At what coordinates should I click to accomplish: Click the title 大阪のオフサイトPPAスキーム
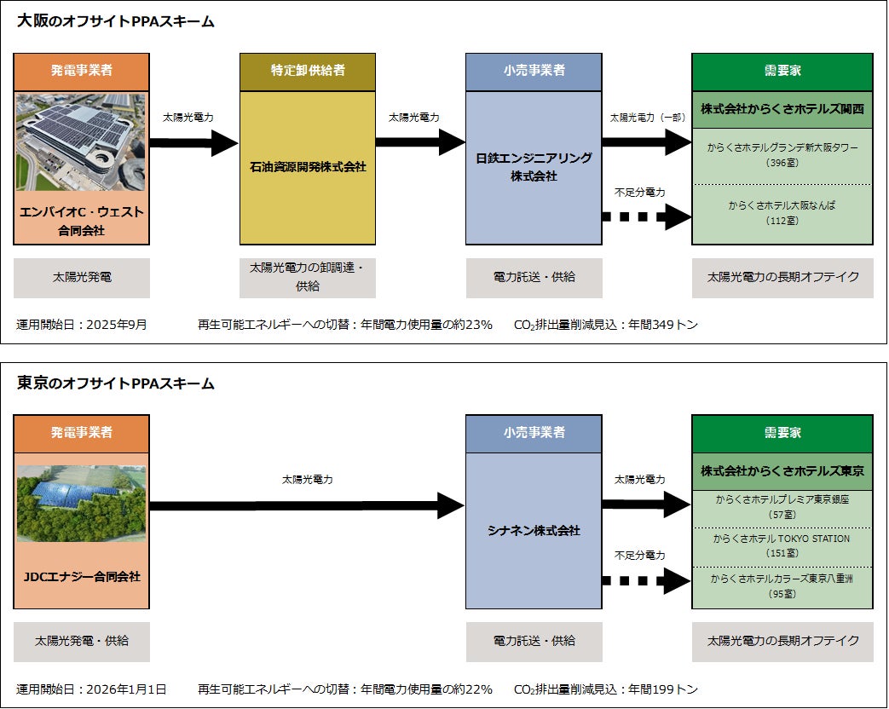pos(116,22)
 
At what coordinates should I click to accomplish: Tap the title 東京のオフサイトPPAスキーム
pos(116,383)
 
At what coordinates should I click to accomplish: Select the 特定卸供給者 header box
pos(308,71)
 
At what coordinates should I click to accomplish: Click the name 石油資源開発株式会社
pos(308,167)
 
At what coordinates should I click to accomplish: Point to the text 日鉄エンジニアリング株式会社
pos(534,167)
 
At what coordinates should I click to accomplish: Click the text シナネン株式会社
pos(534,530)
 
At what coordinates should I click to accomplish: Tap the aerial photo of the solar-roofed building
pos(82,143)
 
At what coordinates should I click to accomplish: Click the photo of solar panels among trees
pos(82,503)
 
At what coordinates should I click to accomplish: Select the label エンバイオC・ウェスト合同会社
pos(82,221)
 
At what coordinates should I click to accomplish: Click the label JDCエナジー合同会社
pos(82,577)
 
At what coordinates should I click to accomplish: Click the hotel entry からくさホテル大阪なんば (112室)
pos(782,213)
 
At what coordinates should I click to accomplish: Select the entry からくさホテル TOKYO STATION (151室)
pos(782,545)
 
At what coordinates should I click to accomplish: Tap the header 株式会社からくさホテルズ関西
pos(782,110)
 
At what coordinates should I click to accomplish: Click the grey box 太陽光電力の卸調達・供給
pos(308,278)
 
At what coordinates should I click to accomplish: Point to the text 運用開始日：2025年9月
pos(83,325)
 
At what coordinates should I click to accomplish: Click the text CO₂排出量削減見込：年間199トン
pos(607,689)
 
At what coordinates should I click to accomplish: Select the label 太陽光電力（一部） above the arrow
pos(647,118)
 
